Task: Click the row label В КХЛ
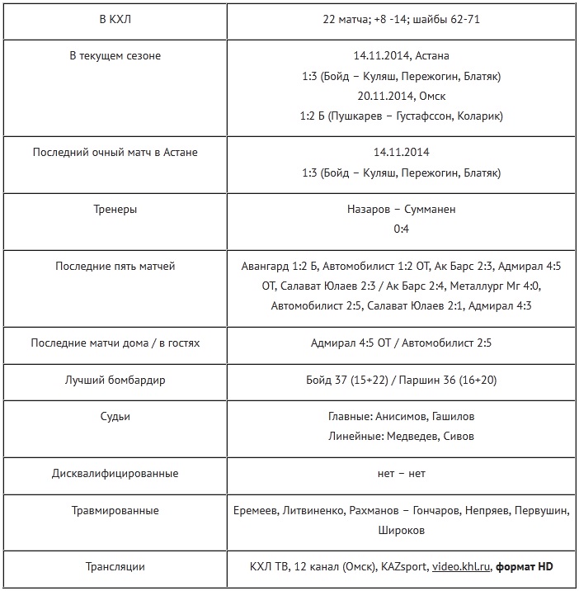(x=115, y=20)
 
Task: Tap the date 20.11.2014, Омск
(x=401, y=96)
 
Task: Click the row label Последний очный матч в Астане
(x=115, y=153)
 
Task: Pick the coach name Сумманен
(x=430, y=210)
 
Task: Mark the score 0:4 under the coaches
(x=401, y=229)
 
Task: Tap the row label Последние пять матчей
(x=115, y=267)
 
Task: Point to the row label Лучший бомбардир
(x=115, y=381)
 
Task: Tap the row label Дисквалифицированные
(x=115, y=474)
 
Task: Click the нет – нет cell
(x=401, y=474)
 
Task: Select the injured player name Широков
(x=401, y=531)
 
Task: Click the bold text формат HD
(x=525, y=567)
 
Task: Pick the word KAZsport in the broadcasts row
(x=404, y=567)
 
